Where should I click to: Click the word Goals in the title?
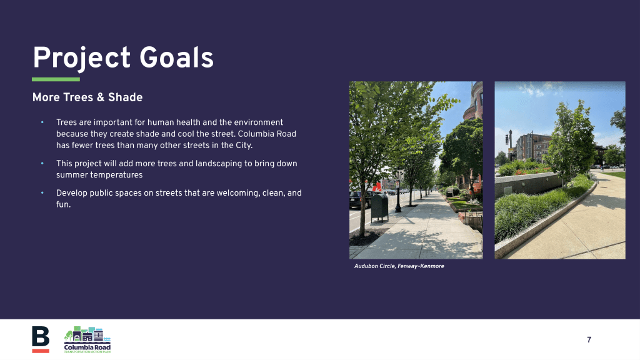[x=176, y=58]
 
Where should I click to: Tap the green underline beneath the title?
[x=56, y=79]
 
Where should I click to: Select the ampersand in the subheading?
[x=101, y=97]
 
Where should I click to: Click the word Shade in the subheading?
[x=125, y=97]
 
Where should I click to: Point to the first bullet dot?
[x=42, y=122]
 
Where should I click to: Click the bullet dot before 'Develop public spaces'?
[x=42, y=192]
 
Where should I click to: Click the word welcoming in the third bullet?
[x=237, y=193]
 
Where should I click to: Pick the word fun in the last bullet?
[x=62, y=204]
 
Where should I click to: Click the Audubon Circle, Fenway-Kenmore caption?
[x=399, y=266]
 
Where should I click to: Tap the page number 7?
[x=589, y=339]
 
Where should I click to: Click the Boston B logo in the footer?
[x=41, y=339]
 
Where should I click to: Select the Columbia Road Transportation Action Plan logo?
[x=87, y=339]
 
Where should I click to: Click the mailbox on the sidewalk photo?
[x=379, y=207]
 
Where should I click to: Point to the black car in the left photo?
[x=359, y=199]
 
